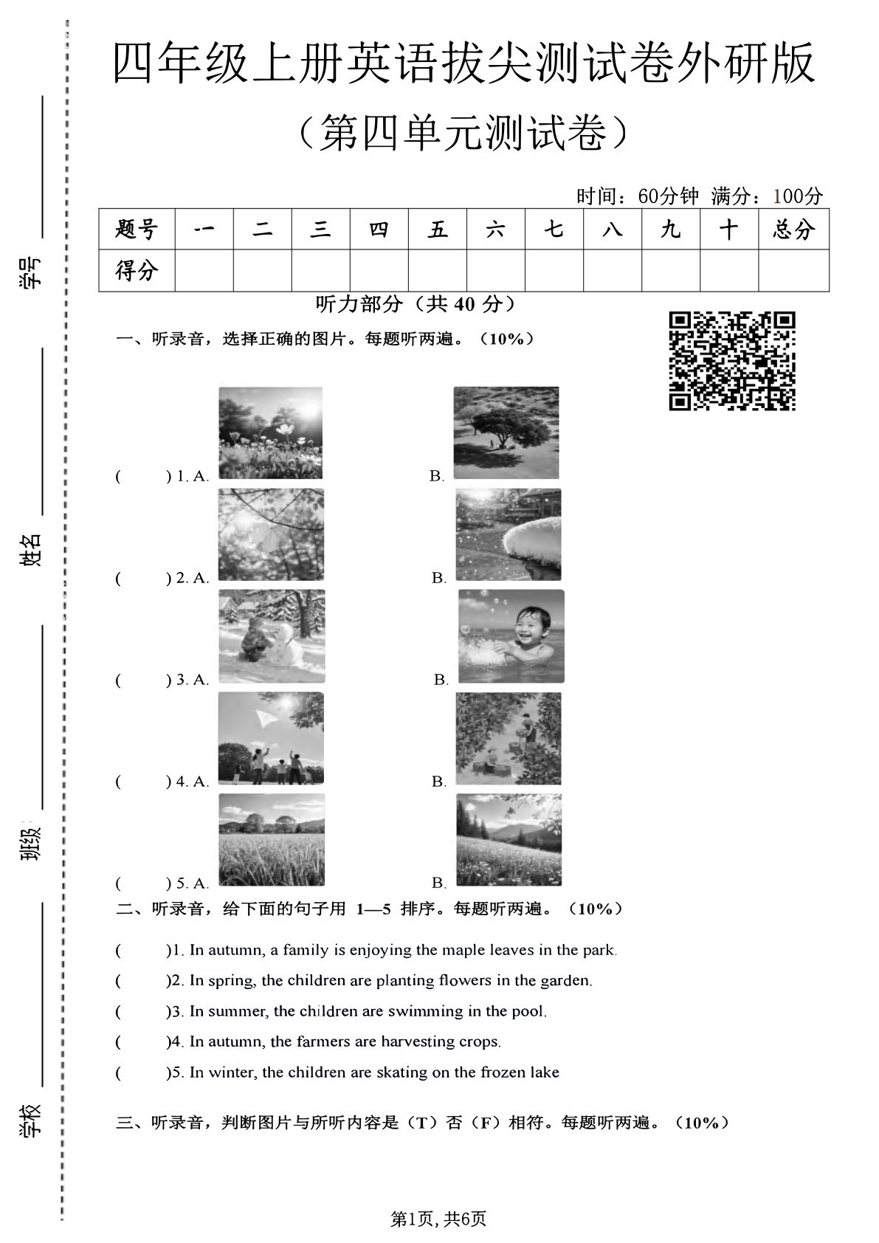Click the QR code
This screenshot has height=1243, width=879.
pos(732,360)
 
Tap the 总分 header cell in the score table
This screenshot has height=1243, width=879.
pos(793,230)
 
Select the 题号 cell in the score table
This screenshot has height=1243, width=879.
pos(137,230)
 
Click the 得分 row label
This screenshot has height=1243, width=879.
pos(137,271)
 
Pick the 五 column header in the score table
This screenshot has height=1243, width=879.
pos(437,230)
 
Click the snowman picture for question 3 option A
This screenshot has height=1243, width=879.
pos(272,636)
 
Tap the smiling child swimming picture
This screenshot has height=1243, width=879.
pos(511,636)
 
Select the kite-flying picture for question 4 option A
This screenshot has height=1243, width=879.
pos(272,738)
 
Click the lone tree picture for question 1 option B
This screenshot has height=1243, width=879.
pos(506,433)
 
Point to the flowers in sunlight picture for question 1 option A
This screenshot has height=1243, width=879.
pos(270,433)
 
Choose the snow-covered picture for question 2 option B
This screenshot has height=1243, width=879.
pos(508,534)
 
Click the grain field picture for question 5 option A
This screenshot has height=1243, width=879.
pos(272,840)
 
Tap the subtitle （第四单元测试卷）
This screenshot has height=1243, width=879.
pos(464,133)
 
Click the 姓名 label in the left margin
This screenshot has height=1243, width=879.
pos(31,549)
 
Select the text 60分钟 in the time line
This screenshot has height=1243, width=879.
pos(668,196)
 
